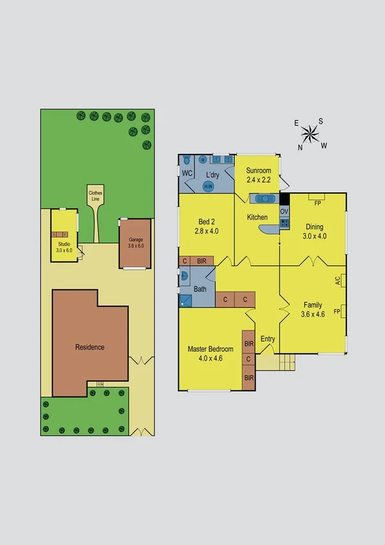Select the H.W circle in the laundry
click(209, 187)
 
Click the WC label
click(187, 174)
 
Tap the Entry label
click(268, 339)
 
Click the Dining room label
click(315, 226)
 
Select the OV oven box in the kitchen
click(284, 211)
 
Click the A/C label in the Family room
click(337, 281)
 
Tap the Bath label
click(200, 290)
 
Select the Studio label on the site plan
click(64, 244)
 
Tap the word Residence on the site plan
click(89, 347)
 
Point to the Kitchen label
click(258, 217)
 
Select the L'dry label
click(213, 174)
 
